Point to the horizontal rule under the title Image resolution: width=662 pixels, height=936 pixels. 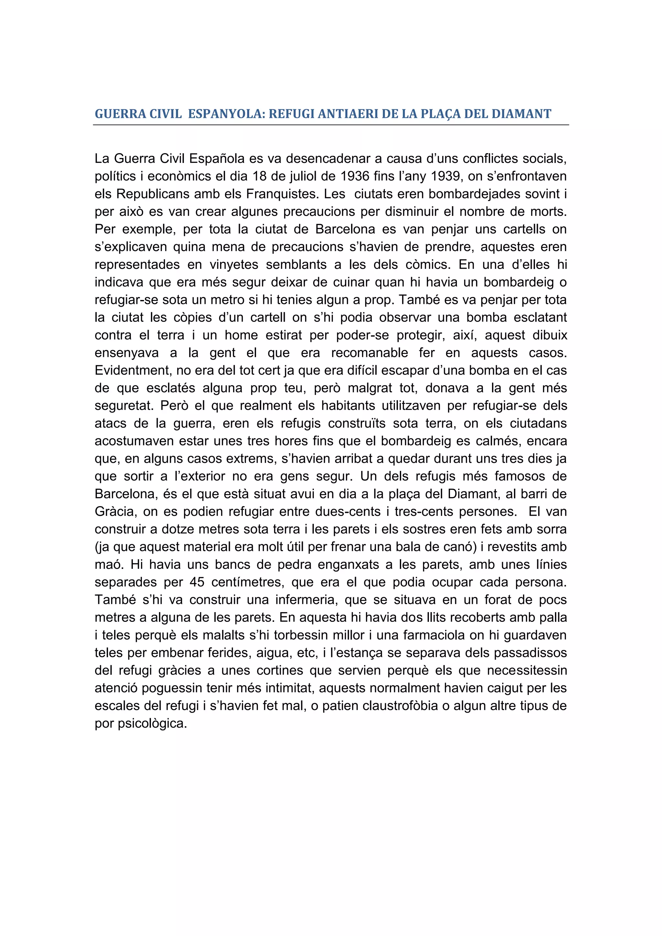pos(331,125)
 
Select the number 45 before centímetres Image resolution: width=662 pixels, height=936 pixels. pos(197,582)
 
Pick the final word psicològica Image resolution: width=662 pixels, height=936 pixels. pos(152,723)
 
